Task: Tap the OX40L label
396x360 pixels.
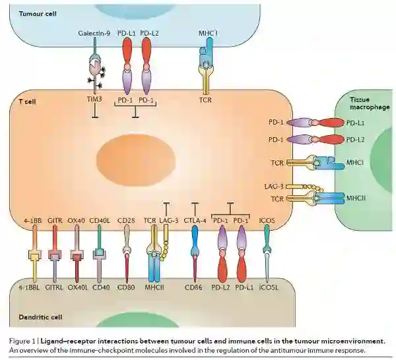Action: click(x=79, y=287)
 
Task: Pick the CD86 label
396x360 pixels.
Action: click(x=194, y=287)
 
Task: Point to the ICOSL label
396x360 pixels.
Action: click(x=267, y=287)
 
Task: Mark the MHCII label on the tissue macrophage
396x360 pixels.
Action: click(x=355, y=198)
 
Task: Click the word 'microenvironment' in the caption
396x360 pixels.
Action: click(x=352, y=341)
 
